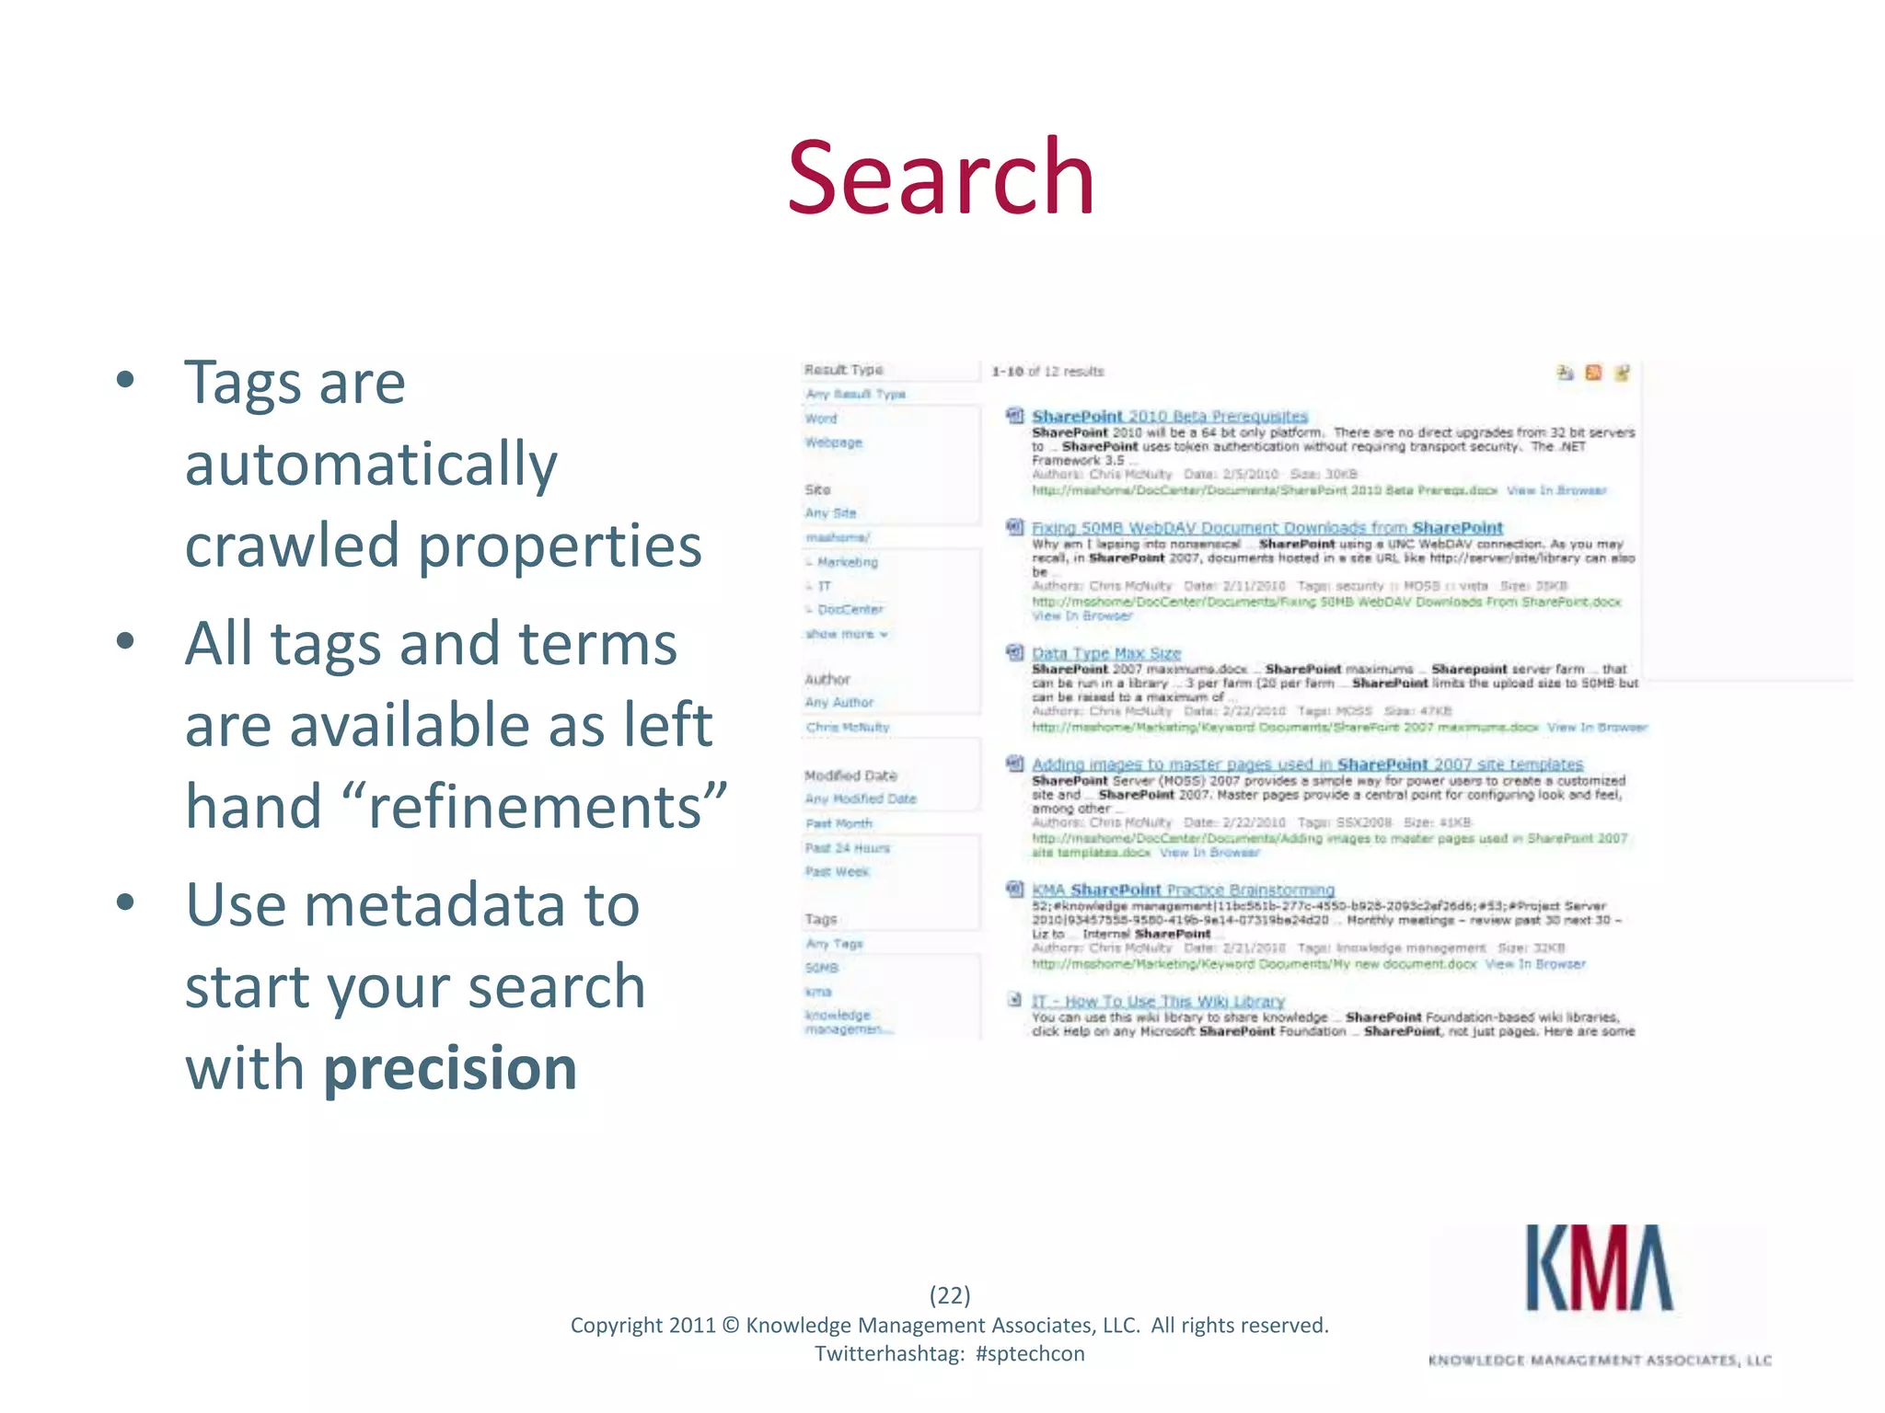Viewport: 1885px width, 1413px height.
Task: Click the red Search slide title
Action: [941, 177]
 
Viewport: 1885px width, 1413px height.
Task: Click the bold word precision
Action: [450, 1068]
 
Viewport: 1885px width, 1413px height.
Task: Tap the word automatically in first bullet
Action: [371, 463]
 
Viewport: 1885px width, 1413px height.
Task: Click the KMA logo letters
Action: [1599, 1269]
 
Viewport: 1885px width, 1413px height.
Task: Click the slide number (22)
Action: [949, 1295]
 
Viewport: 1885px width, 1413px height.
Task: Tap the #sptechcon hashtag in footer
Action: [1029, 1353]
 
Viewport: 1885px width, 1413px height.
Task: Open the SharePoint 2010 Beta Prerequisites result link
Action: [1169, 417]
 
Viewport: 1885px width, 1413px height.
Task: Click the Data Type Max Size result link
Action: [1105, 653]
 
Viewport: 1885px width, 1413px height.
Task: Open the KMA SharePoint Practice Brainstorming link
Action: [1183, 890]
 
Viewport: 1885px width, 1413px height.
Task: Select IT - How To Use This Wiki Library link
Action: [1157, 1001]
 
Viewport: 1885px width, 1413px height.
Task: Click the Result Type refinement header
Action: [843, 370]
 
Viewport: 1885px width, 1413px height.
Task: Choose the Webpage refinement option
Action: [833, 442]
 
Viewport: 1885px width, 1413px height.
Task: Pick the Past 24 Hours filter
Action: [847, 847]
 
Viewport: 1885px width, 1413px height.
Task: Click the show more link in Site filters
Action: [846, 634]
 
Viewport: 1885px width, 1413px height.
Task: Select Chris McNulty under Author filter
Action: [847, 727]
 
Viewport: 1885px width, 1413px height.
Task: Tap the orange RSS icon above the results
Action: [1593, 373]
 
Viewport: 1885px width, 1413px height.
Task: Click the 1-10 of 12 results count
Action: [1047, 372]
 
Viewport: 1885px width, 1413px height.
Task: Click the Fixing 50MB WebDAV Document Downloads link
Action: [1266, 528]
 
